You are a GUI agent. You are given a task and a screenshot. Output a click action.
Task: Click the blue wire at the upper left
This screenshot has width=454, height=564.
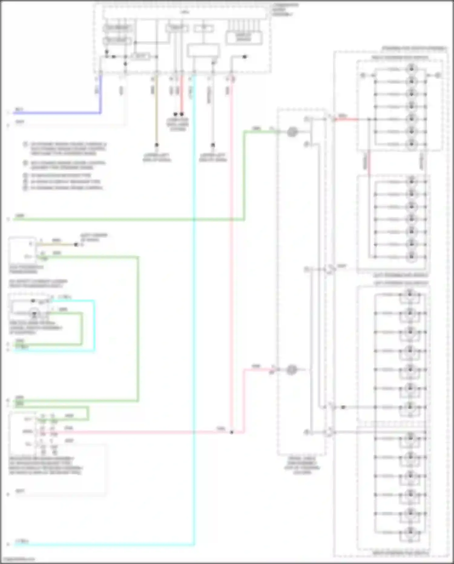coord(58,113)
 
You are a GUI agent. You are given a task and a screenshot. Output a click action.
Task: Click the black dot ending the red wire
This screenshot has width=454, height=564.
coord(182,114)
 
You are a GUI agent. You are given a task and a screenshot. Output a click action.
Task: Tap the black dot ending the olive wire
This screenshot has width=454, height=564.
coord(156,145)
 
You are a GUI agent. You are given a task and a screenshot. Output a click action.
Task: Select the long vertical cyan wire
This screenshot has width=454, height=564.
coord(194,303)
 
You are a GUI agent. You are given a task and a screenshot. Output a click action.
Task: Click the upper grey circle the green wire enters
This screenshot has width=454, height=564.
coord(292,132)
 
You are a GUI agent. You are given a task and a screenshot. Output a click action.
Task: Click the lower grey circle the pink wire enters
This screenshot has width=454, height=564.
coord(291,370)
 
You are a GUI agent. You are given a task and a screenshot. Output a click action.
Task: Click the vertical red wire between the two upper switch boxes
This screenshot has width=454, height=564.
coord(369,164)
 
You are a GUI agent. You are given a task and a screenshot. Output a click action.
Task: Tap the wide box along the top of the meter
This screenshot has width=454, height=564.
coord(185,13)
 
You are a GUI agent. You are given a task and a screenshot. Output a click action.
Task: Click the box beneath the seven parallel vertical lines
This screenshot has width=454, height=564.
coord(244,38)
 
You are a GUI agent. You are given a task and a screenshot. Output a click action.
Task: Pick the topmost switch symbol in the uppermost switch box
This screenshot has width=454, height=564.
coord(411,69)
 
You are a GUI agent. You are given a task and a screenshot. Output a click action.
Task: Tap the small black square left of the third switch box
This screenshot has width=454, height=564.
coord(343,407)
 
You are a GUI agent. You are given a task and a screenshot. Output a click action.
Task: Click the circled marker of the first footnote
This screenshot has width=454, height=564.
coord(25,144)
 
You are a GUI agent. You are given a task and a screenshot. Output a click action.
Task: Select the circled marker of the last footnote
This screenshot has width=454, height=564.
coord(25,188)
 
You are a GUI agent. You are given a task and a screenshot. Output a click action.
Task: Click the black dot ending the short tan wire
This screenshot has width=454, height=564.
coord(76,245)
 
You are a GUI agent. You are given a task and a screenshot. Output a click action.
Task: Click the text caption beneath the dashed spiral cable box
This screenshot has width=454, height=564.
coord(302,465)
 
